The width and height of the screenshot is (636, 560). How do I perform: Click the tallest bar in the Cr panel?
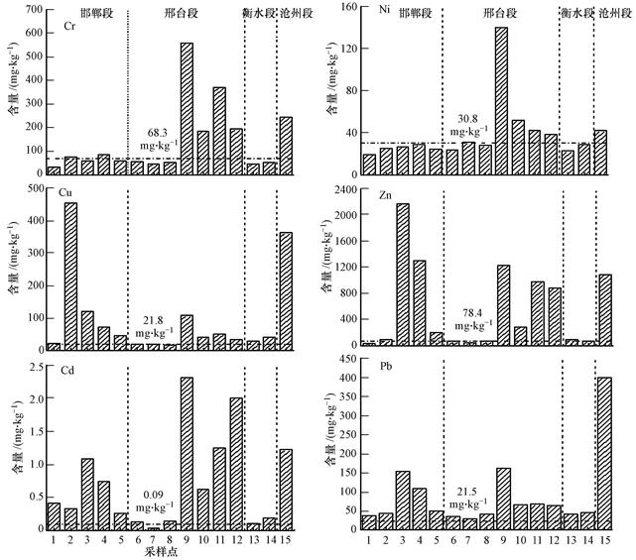[x=187, y=109]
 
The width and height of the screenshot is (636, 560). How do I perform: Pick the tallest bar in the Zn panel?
[x=403, y=273]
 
